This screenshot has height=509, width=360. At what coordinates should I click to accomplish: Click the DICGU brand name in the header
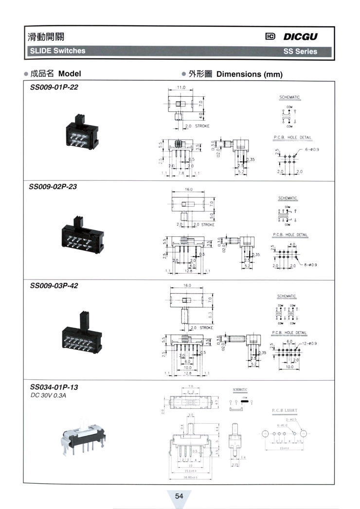[301, 37]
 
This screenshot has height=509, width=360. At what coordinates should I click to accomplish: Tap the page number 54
[179, 496]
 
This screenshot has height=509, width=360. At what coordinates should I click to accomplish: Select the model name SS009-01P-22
[54, 88]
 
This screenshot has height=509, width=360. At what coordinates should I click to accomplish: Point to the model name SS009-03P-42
[54, 285]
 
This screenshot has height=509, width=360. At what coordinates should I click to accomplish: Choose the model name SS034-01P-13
[54, 387]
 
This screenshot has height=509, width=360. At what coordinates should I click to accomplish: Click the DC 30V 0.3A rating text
[48, 395]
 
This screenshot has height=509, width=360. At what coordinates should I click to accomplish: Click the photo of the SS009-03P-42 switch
[81, 331]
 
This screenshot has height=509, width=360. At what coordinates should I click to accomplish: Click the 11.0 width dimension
[181, 88]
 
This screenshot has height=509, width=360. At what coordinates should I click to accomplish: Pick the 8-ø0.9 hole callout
[309, 265]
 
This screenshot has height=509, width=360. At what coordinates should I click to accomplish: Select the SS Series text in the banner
[300, 51]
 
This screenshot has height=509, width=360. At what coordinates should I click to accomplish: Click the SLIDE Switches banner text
[57, 51]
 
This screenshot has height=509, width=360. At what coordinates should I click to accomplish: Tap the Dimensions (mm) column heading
[249, 74]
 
